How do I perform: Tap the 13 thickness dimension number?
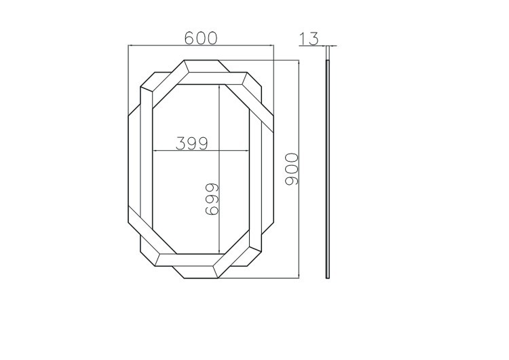coord(309,39)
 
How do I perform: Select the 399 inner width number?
coord(191,143)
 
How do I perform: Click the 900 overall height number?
coord(292,170)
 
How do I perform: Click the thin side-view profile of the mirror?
coord(327,170)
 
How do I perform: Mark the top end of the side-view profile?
coord(327,61)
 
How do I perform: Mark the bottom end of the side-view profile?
coord(327,278)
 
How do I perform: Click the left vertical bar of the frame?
coord(146,160)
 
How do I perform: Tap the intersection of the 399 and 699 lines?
coord(219,151)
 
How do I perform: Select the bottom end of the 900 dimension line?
coord(299,278)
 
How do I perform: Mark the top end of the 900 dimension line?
coord(299,60)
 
